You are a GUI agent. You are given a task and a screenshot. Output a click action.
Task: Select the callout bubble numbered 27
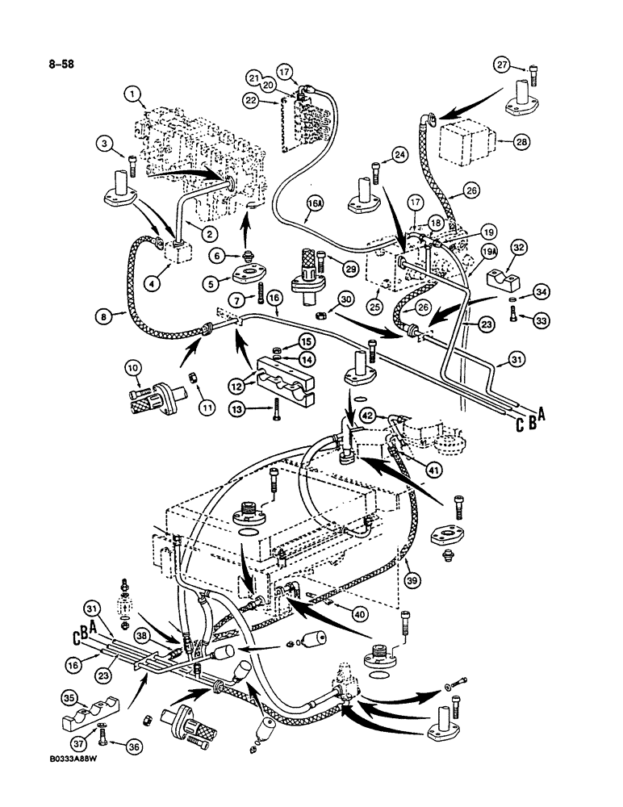tap(503, 67)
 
